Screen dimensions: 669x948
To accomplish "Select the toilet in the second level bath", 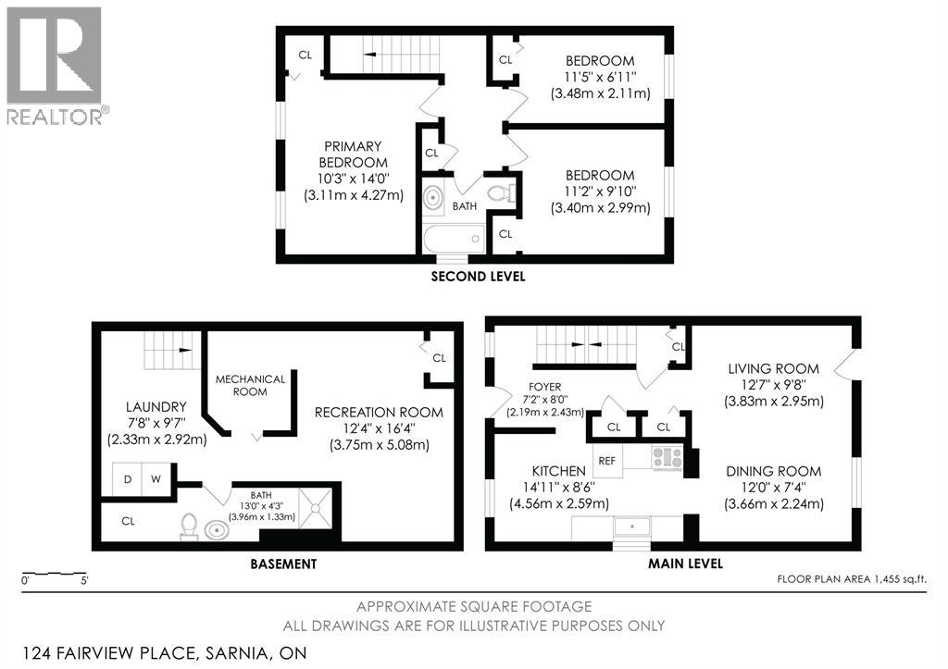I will pos(501,194).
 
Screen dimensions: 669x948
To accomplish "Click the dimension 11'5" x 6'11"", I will pos(600,78).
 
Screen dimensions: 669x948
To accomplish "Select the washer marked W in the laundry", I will pos(156,479).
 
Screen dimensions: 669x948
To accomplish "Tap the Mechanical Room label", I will pos(250,385).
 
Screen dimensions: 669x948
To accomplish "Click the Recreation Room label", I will pos(378,412).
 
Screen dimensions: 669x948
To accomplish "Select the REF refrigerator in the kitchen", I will pos(606,460).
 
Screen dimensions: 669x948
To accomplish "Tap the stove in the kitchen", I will pos(667,457).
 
